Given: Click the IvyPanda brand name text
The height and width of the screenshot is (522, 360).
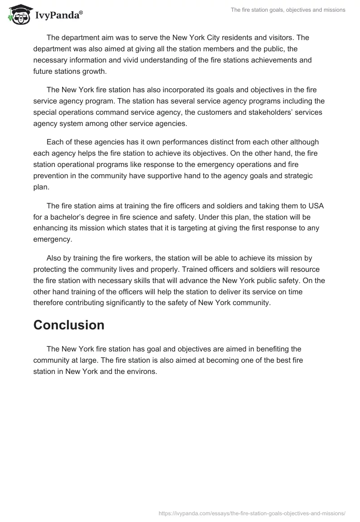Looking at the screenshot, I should click(x=58, y=15).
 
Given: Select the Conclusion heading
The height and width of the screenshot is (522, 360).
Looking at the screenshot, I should click(x=69, y=325).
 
